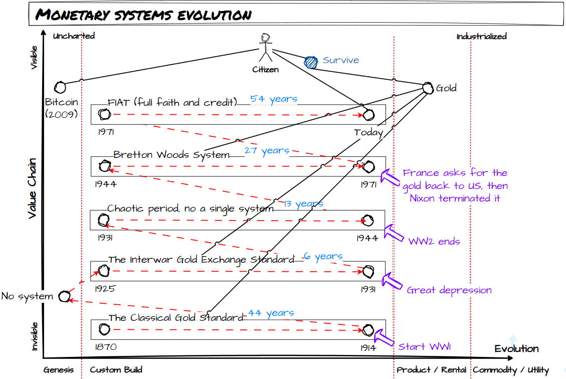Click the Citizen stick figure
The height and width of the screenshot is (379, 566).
point(265,48)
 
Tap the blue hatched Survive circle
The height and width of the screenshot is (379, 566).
point(311,62)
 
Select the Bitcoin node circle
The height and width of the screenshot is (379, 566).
point(60,87)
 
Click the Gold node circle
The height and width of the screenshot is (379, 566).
point(428,88)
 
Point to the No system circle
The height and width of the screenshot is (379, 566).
point(64,296)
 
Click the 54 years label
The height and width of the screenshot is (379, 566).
point(274,99)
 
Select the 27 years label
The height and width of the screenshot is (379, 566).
point(267,150)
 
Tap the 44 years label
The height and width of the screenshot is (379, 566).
point(271,313)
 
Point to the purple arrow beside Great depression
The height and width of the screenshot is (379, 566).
point(392,281)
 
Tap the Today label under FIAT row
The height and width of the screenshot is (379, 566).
point(368,133)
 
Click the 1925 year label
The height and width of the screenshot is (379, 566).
point(105,289)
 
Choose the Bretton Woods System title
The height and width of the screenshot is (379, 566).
point(171,155)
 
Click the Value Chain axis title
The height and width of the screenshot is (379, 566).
point(33,188)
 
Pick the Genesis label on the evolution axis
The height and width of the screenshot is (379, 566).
point(59,370)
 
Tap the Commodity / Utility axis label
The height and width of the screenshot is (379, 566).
point(511,370)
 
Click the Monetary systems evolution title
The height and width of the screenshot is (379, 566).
point(143,15)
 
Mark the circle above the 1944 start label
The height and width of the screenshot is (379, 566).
point(105,165)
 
